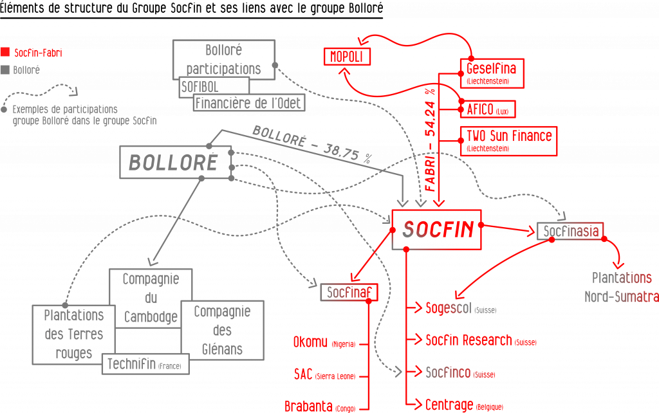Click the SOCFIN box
point(438,228)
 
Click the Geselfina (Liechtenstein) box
point(492,73)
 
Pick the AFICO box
point(487,109)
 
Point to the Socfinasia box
point(570,231)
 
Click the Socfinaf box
point(349,293)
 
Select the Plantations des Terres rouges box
point(73,333)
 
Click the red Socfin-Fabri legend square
point(5,52)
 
